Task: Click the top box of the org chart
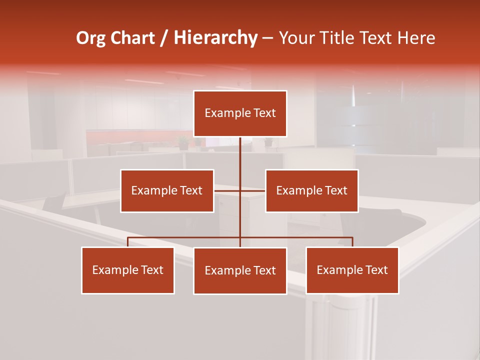pyautogui.click(x=240, y=113)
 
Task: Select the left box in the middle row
pyautogui.click(x=167, y=190)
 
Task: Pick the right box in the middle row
pyautogui.click(x=311, y=190)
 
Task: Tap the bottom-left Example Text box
pyautogui.click(x=128, y=270)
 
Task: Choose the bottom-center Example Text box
pyautogui.click(x=240, y=270)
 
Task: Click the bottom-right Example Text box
pyautogui.click(x=352, y=270)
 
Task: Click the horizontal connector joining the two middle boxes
pyautogui.click(x=227, y=190)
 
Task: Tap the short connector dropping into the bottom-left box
pyautogui.click(x=128, y=242)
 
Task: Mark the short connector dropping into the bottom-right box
pyautogui.click(x=352, y=242)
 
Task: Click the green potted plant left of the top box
pyautogui.click(x=183, y=143)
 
